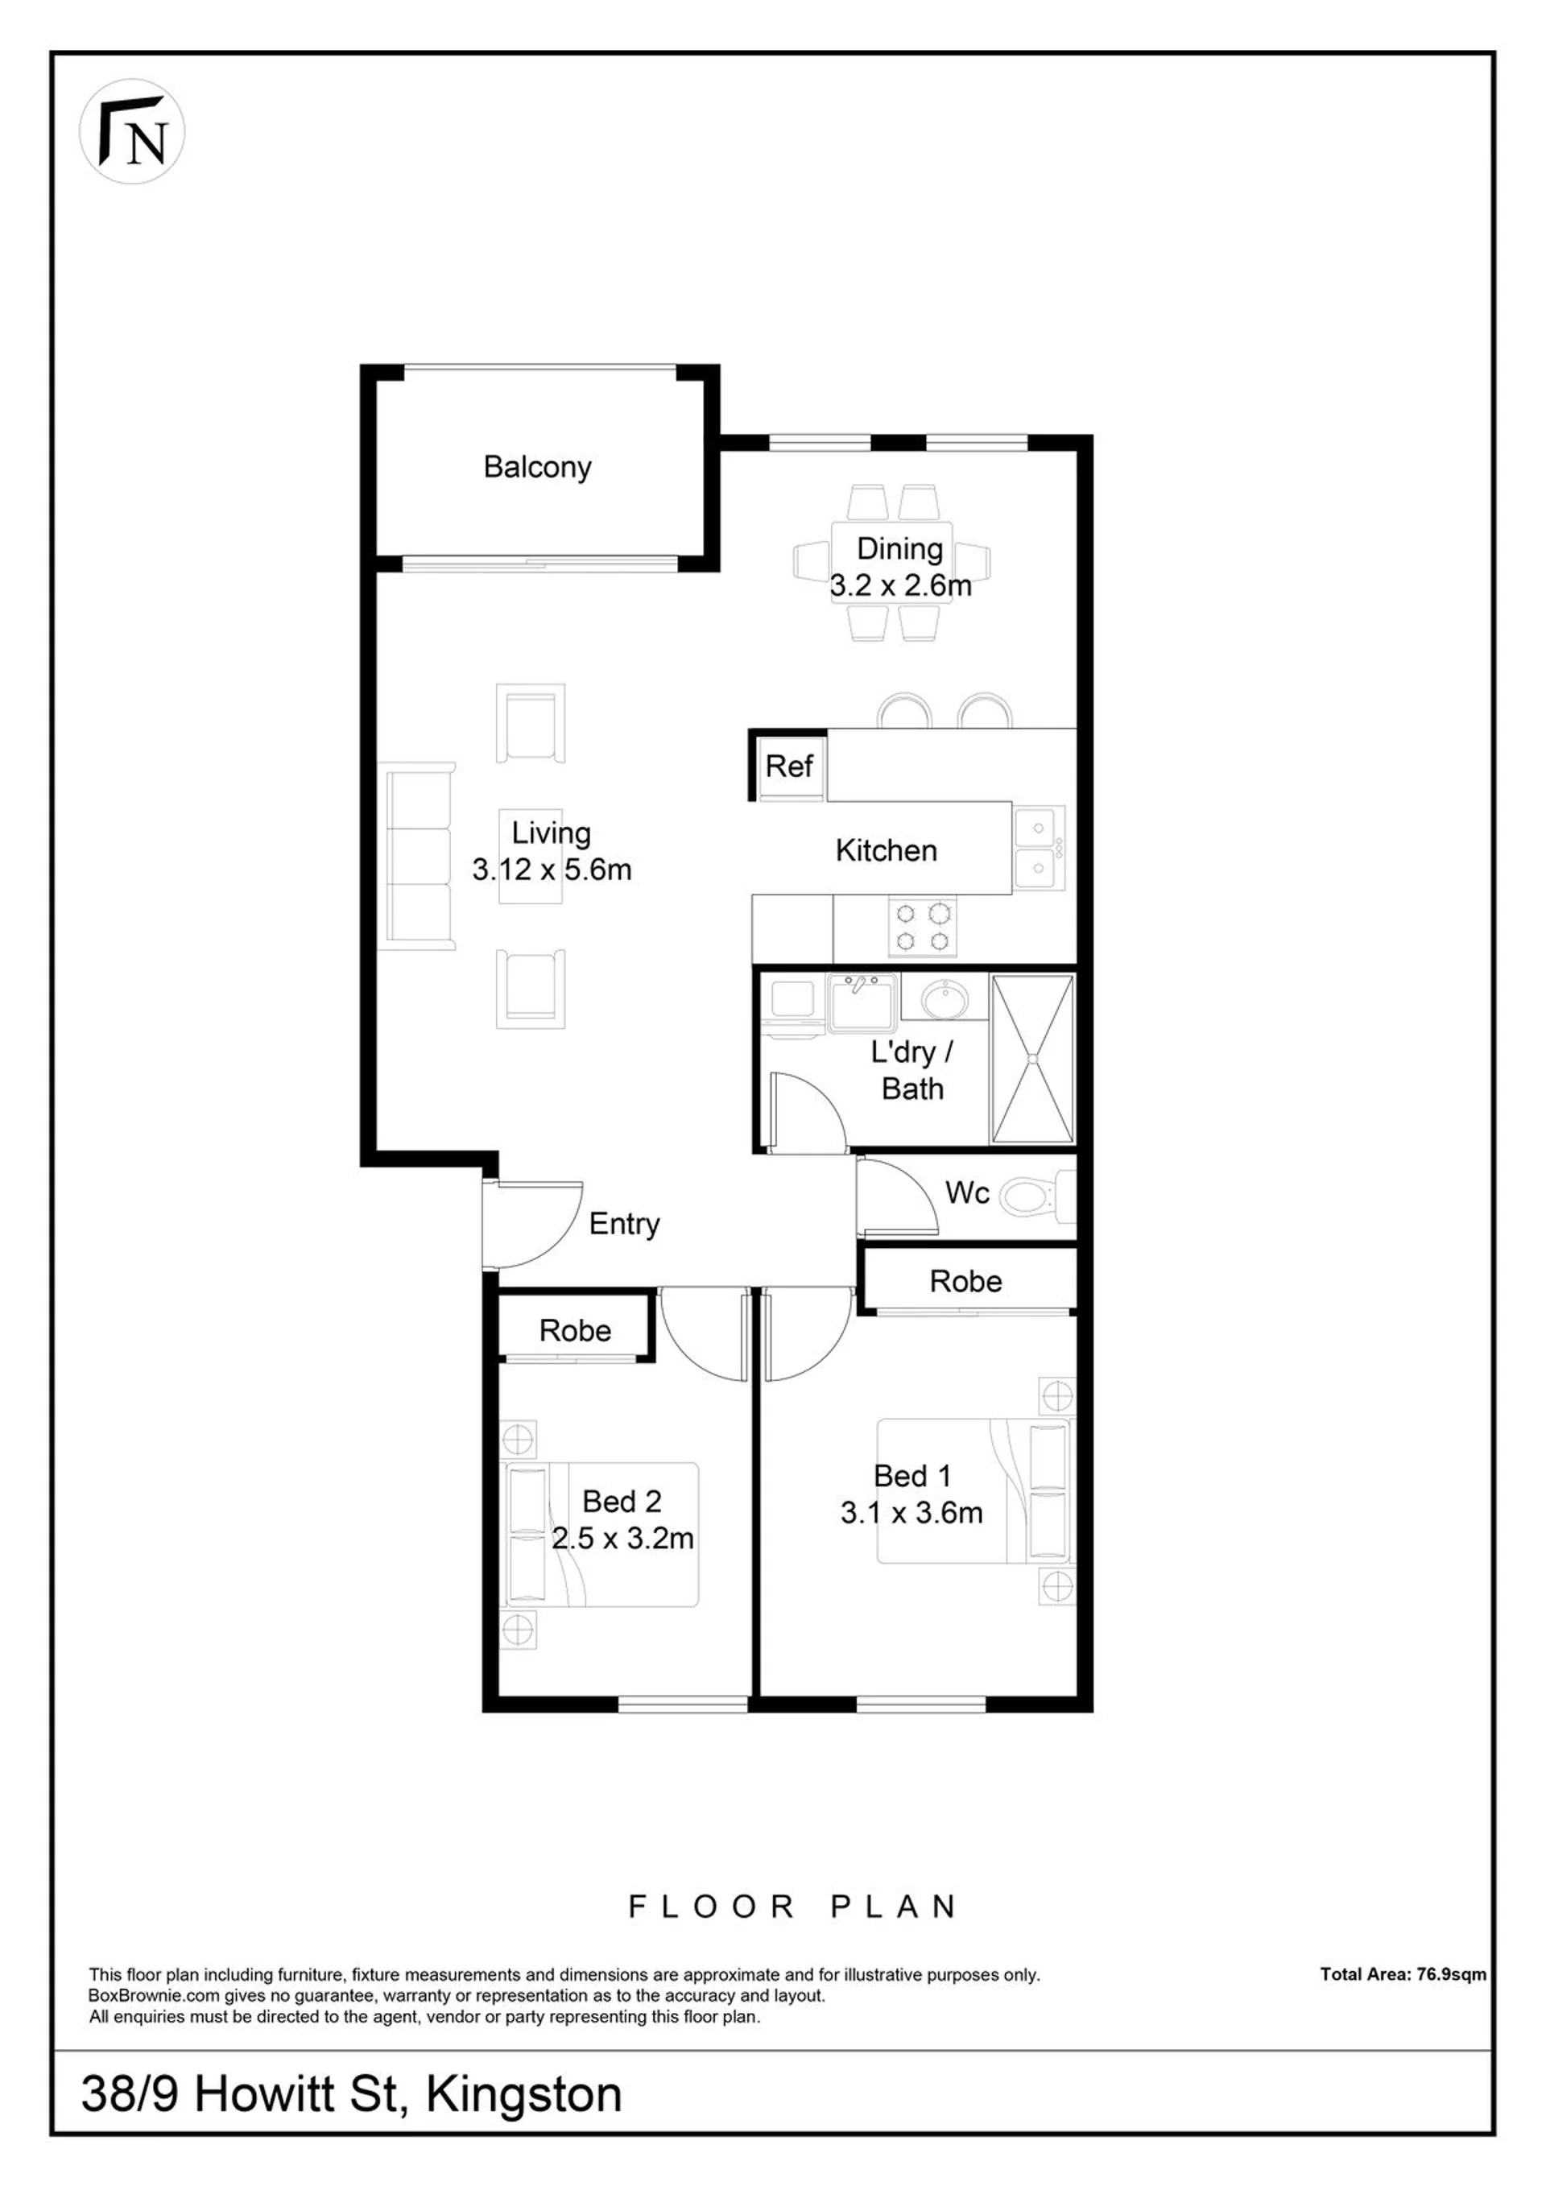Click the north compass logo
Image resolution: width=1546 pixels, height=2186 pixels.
(x=131, y=131)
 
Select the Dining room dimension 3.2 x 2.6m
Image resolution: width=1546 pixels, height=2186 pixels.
(x=900, y=585)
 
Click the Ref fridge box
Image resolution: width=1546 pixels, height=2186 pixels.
(x=788, y=766)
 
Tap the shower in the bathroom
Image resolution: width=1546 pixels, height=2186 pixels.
(x=1032, y=1058)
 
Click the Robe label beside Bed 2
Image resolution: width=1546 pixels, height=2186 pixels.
(x=575, y=1330)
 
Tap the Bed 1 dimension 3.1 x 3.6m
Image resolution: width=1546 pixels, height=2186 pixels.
(x=911, y=1513)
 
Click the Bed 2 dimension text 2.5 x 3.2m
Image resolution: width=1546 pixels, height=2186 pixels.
(x=622, y=1539)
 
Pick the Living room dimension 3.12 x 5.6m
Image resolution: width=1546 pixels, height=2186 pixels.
(x=552, y=870)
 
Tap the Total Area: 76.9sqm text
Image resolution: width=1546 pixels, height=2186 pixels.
(x=1402, y=1973)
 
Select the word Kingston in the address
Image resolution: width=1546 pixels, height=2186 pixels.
(x=523, y=2094)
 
